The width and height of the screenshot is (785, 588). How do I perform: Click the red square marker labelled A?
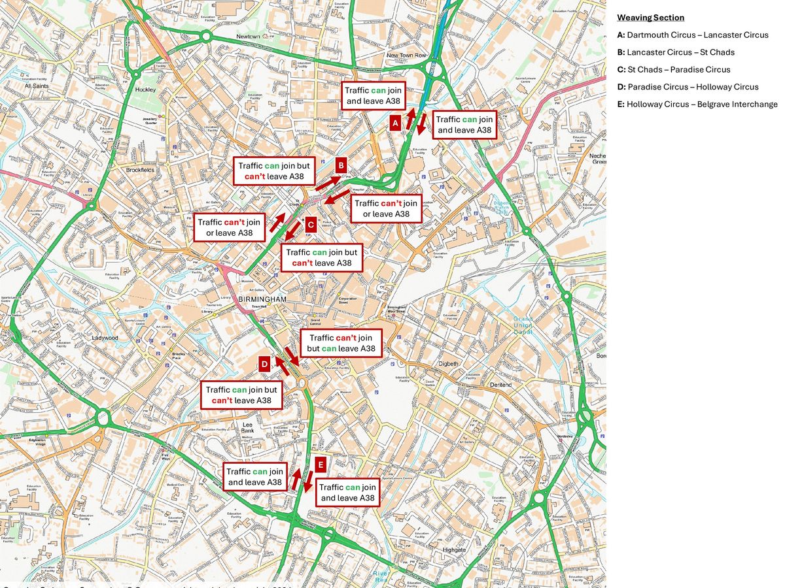click(395, 122)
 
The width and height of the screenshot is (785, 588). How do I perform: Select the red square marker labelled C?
click(311, 224)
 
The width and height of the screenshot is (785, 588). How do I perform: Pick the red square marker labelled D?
click(264, 364)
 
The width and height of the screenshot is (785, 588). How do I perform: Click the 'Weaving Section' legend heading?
click(651, 18)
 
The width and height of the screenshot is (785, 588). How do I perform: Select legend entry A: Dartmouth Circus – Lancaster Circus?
click(693, 35)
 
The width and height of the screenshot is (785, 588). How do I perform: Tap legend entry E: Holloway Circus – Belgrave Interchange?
click(697, 105)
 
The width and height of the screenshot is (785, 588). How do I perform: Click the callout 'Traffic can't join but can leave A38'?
click(341, 343)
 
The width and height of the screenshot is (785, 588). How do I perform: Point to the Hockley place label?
click(145, 90)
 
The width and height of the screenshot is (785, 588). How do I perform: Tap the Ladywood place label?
click(105, 338)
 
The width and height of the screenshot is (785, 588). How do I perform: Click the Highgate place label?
click(453, 550)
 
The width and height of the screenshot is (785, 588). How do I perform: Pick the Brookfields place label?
click(140, 170)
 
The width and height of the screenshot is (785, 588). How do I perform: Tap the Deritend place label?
click(500, 385)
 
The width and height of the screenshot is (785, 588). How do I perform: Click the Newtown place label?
click(248, 37)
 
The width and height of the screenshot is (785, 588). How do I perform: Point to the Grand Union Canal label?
click(523, 325)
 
